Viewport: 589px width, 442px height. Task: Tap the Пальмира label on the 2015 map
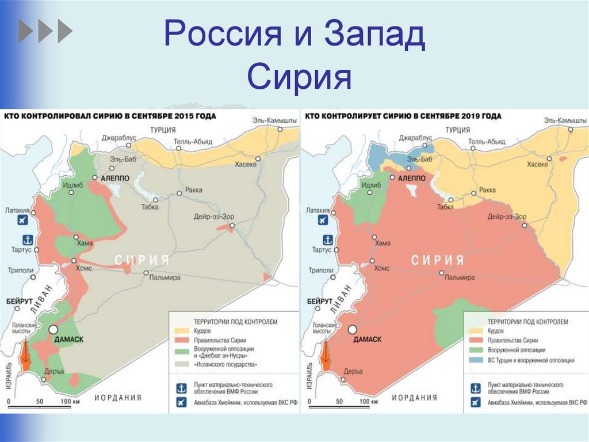165,278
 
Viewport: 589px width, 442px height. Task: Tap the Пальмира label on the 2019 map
458,278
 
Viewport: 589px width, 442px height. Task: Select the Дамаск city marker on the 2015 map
53,330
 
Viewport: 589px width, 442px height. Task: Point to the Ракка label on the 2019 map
488,190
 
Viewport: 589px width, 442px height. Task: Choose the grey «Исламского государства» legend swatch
182,364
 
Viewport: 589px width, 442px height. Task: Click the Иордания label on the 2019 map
414,398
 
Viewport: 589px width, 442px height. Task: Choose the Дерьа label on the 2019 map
353,371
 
